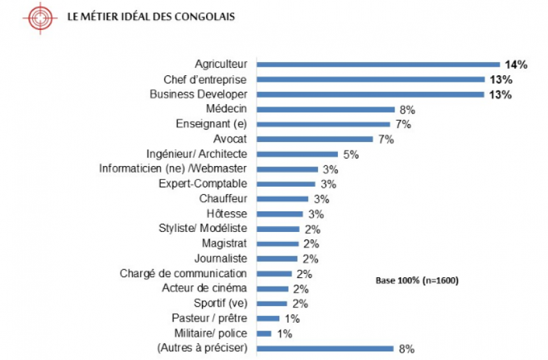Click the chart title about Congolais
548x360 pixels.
tap(151, 17)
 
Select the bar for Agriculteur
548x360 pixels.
tap(378, 65)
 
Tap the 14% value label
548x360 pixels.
tap(516, 65)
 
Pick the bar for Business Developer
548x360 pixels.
tap(371, 95)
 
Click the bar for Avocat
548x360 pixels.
tap(315, 139)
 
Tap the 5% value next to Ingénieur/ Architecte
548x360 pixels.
tap(351, 155)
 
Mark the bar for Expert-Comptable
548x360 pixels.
tap(286, 184)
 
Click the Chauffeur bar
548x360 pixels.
tap(283, 199)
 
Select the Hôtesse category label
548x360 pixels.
tap(227, 213)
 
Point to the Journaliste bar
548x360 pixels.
tap(277, 259)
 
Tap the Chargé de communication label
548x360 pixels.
tap(183, 273)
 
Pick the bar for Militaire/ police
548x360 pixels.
tap(264, 333)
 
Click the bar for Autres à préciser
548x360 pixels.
tap(325, 348)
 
